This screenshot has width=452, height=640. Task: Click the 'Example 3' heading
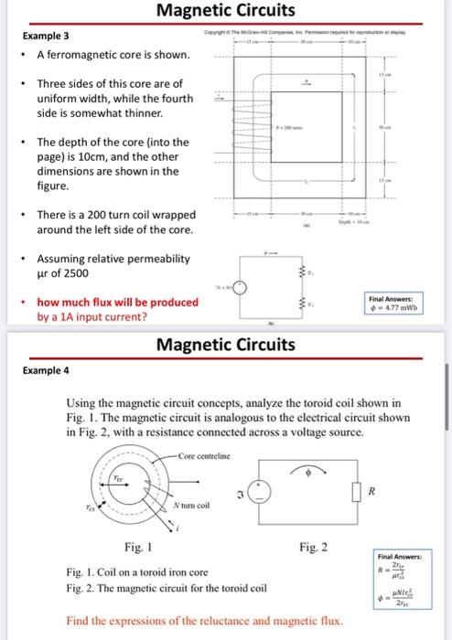(46, 36)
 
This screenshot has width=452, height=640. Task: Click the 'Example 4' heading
(46, 371)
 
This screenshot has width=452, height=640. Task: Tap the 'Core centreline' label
(203, 456)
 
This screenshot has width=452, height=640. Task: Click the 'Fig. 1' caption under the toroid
(135, 548)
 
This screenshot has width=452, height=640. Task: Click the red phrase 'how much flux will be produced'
(117, 303)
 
